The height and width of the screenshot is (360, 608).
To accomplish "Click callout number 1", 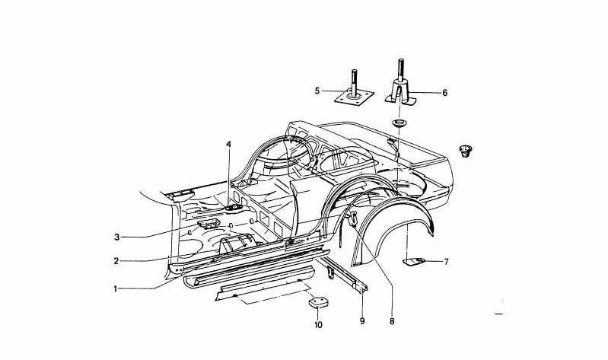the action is tap(115, 288).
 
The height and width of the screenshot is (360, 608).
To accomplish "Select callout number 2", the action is tap(116, 262).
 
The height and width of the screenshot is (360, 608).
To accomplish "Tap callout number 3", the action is tap(116, 237).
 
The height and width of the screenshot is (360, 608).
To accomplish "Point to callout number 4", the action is tap(228, 145).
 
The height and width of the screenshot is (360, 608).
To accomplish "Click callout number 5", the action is tap(317, 91).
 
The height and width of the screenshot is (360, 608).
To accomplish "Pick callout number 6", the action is tap(444, 93).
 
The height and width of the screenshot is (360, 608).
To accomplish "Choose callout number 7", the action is tap(447, 262).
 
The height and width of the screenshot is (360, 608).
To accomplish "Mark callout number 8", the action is tap(392, 322).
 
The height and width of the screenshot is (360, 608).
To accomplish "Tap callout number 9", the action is tap(362, 321).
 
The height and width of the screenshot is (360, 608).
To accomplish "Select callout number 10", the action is tap(318, 325).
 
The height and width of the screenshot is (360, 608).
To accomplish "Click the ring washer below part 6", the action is tap(398, 124).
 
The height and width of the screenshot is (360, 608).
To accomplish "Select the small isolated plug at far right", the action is tap(465, 151).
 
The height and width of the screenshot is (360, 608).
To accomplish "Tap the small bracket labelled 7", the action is tap(414, 262).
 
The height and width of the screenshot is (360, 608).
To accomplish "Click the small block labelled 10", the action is tap(317, 302).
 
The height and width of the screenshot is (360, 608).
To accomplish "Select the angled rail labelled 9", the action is tap(342, 275).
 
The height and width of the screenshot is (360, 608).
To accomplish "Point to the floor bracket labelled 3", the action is tap(209, 224).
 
